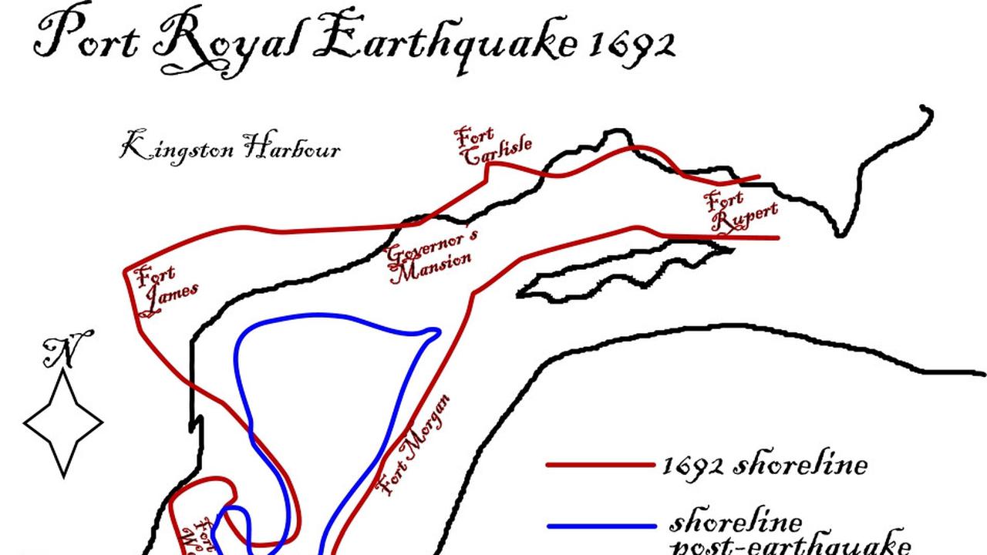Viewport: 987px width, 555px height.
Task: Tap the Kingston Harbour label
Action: click(230, 146)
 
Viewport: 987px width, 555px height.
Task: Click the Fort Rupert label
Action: click(739, 210)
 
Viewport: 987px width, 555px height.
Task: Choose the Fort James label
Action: click(164, 289)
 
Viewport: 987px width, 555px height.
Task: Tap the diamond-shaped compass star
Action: click(63, 422)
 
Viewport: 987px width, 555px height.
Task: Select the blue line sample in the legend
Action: click(601, 527)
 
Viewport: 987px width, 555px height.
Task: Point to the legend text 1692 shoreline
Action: click(763, 466)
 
